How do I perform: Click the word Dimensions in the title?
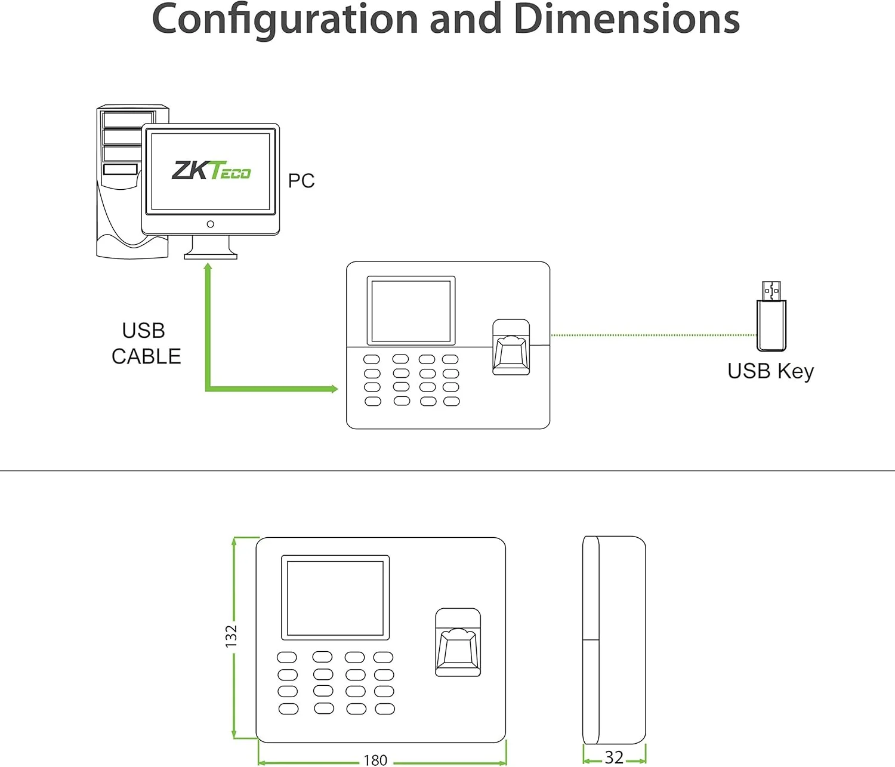[626, 19]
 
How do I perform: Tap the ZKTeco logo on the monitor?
[211, 171]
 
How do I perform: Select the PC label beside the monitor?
[301, 181]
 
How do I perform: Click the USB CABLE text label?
[146, 343]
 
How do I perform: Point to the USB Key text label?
[770, 371]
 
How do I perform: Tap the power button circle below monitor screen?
[210, 224]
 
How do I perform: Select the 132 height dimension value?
[231, 636]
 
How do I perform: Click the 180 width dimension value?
[375, 760]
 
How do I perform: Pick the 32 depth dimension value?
[614, 757]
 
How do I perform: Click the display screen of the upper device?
[411, 310]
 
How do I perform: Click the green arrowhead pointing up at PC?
[208, 267]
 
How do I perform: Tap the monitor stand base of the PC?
[211, 256]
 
